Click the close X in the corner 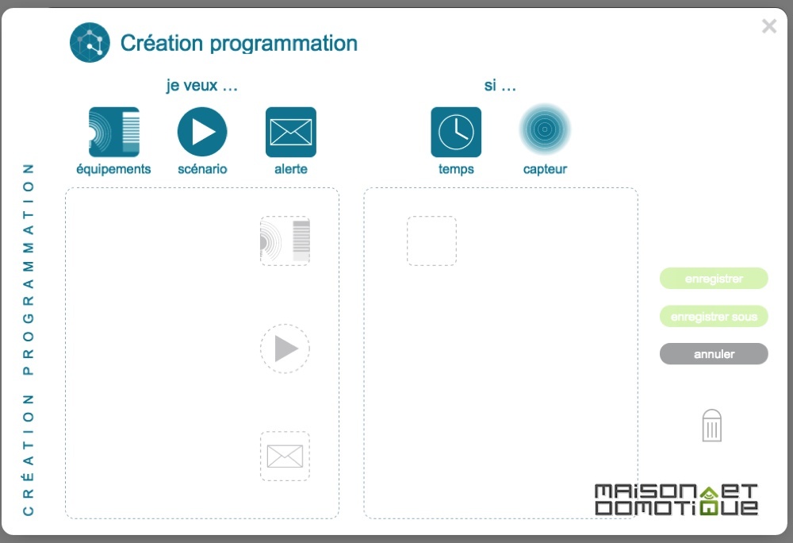click(x=768, y=26)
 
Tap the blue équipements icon click(x=113, y=132)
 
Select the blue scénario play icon click(x=202, y=132)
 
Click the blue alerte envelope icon click(x=291, y=132)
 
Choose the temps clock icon click(x=456, y=132)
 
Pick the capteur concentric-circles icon click(x=545, y=129)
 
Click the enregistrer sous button click(x=714, y=316)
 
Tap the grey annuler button click(x=714, y=354)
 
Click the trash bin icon click(x=711, y=426)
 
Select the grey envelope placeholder click(x=285, y=456)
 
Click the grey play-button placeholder click(x=285, y=349)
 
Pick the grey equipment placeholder click(x=285, y=241)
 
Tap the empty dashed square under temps click(x=432, y=241)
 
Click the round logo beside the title click(x=90, y=43)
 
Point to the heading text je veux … click(x=201, y=85)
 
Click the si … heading click(x=500, y=85)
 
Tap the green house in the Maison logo click(x=709, y=500)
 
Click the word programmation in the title click(x=284, y=44)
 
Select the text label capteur click(x=545, y=169)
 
